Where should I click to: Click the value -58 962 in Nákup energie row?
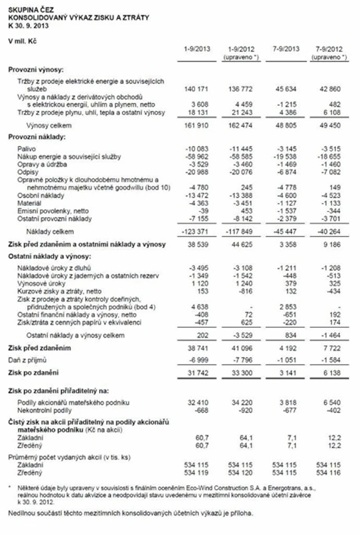(198, 155)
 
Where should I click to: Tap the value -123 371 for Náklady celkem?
(197, 231)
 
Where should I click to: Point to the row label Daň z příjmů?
(27, 359)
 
